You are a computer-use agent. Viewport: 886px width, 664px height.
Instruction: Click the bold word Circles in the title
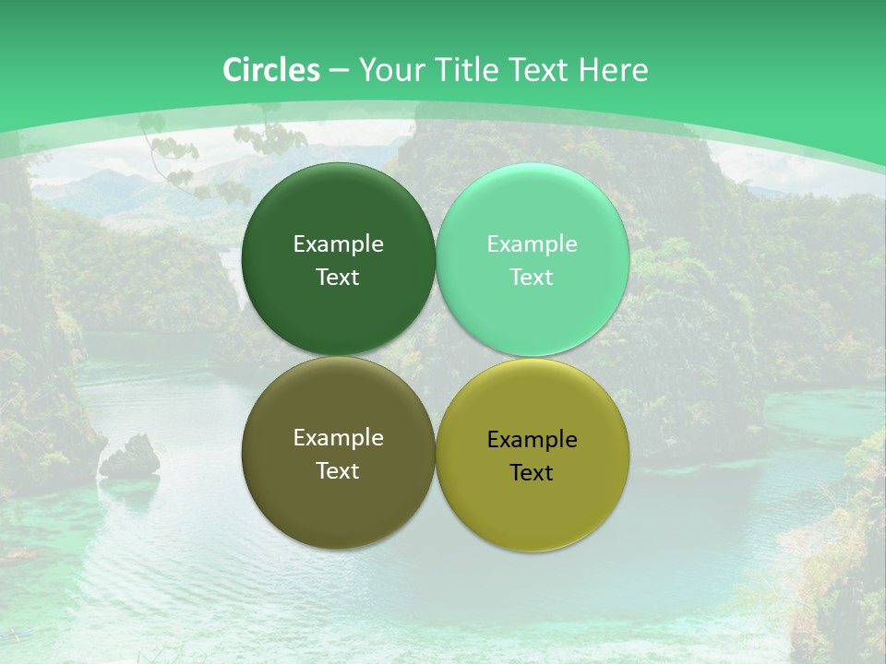click(x=271, y=70)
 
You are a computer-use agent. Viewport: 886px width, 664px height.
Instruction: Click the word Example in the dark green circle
click(x=338, y=244)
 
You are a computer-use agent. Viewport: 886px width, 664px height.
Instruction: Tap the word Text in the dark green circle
click(x=338, y=278)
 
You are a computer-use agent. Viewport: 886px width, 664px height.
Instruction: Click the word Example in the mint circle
click(x=533, y=244)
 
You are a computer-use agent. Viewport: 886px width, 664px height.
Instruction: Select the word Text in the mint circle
click(x=533, y=278)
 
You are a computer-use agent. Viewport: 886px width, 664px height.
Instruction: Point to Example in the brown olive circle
click(x=338, y=438)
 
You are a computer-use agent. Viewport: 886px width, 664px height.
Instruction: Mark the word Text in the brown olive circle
click(x=338, y=471)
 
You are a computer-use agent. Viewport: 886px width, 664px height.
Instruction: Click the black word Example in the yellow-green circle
click(x=533, y=440)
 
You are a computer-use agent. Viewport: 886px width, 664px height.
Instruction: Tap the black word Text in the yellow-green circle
click(x=533, y=473)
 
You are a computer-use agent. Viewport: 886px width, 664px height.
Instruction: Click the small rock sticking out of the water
click(x=131, y=457)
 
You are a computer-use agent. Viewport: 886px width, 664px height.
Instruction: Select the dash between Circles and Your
click(x=339, y=71)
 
